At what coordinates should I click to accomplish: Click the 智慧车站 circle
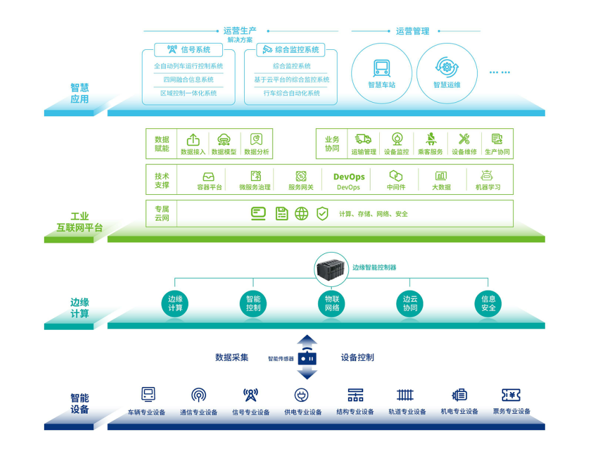(x=382, y=73)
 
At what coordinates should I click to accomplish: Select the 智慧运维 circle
(x=446, y=73)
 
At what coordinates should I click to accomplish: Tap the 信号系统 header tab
(x=188, y=50)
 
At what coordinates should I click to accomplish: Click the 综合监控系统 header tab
(x=291, y=50)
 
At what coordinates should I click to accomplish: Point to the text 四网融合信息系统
(x=188, y=80)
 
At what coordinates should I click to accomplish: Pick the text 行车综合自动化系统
(x=291, y=93)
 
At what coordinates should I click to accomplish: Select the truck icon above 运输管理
(x=363, y=139)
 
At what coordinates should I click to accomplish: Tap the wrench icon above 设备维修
(x=464, y=139)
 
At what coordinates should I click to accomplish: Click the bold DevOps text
(x=349, y=177)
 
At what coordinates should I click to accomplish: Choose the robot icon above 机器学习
(x=487, y=176)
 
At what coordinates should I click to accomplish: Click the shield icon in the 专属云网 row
(x=322, y=213)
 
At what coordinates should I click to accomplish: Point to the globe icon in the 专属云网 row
(x=301, y=213)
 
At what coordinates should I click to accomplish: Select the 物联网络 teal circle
(x=333, y=304)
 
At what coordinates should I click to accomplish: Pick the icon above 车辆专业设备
(x=148, y=395)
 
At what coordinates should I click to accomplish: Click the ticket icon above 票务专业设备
(x=511, y=395)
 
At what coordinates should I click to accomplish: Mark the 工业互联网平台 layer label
(x=79, y=222)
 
